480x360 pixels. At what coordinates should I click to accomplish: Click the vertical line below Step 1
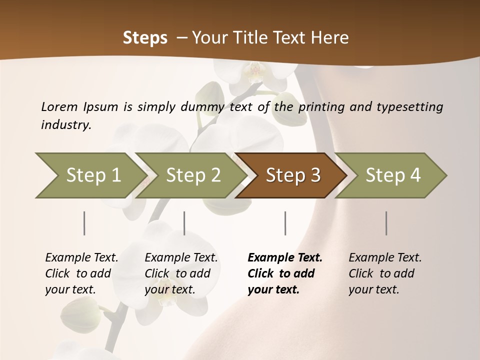pyautogui.click(x=84, y=223)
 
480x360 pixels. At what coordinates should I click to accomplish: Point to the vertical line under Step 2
pyautogui.click(x=184, y=223)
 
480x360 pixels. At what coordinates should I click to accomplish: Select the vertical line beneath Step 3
pyautogui.click(x=285, y=223)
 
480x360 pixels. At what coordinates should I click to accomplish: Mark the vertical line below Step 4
pyautogui.click(x=386, y=223)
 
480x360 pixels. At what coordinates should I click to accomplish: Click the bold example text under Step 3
pyautogui.click(x=285, y=273)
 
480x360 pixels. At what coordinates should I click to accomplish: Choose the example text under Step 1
pyautogui.click(x=81, y=273)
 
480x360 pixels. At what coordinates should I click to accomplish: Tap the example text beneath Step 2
pyautogui.click(x=181, y=273)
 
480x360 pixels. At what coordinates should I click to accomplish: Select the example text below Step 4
pyautogui.click(x=385, y=273)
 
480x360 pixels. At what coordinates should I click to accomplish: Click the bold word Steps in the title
pyautogui.click(x=145, y=38)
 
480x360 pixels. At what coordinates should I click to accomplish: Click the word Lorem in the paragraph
pyautogui.click(x=59, y=106)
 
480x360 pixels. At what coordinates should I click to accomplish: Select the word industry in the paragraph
pyautogui.click(x=65, y=124)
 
